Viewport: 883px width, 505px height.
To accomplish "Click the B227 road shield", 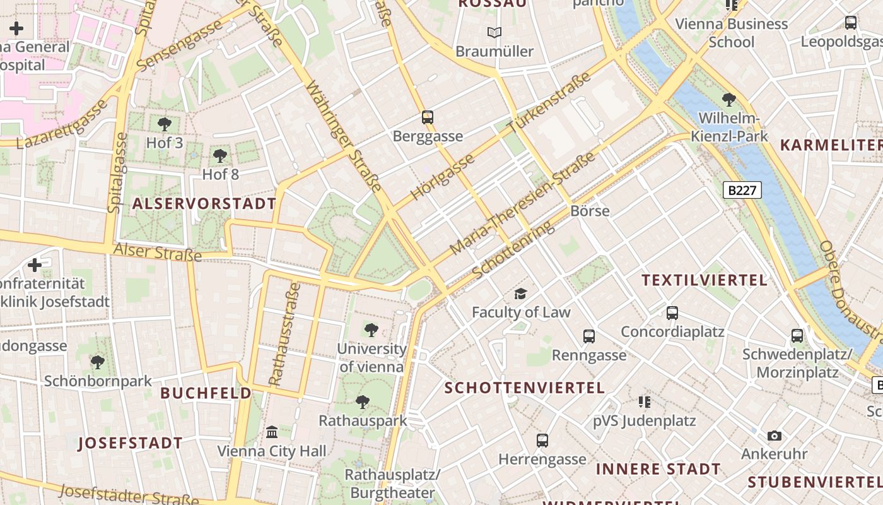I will pos(742,190).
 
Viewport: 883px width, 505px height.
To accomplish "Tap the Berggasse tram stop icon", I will pos(428,117).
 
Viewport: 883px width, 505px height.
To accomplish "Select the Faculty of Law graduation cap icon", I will pos(520,293).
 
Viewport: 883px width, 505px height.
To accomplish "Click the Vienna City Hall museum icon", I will pos(272,432).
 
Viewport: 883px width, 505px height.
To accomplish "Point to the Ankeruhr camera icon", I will pos(774,436).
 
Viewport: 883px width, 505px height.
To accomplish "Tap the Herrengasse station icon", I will pos(542,440).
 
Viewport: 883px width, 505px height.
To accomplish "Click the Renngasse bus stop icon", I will pos(588,336).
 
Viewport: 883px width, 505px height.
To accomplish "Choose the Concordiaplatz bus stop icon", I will pos(672,312).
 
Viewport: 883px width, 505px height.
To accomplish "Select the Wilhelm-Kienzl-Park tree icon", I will pos(729,99).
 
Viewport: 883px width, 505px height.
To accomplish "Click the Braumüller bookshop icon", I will pos(494,32).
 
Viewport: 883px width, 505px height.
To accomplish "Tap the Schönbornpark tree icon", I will pos(98,362).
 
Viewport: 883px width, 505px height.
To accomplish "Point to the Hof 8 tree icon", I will pos(220,155).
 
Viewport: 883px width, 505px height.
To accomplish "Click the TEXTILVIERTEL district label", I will pos(705,280).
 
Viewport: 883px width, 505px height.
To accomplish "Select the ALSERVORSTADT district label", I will pos(204,203).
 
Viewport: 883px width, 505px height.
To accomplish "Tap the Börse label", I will pos(590,211).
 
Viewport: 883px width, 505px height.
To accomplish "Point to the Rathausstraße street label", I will pos(284,334).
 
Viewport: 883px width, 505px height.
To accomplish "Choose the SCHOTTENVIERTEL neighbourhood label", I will pos(525,388).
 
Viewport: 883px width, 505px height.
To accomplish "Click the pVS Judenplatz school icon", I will pos(644,401).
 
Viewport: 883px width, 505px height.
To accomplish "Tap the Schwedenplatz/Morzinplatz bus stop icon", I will pos(797,335).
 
